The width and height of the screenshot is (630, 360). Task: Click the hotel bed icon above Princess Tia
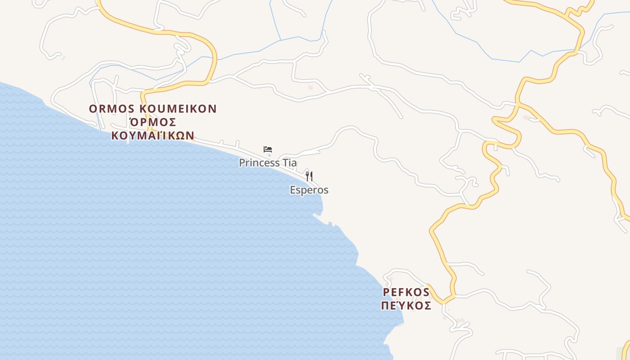pos(268,149)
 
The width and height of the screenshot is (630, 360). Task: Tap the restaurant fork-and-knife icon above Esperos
pos(309,176)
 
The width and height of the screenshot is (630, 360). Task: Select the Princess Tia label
pos(268,163)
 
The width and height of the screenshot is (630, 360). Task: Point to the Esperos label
pos(309,190)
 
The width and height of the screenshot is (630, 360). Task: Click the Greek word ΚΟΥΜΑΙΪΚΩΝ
pos(153,136)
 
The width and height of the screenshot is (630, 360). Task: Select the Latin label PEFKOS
pos(406,292)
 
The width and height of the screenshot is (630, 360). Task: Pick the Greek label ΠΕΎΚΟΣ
pos(406,306)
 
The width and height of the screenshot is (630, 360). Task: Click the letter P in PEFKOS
pos(386,292)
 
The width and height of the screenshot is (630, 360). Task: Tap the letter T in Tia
pos(283,163)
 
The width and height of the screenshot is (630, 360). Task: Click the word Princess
pos(258,163)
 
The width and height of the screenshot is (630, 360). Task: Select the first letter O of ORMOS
pos(93,109)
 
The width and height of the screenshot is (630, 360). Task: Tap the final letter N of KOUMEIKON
pos(213,109)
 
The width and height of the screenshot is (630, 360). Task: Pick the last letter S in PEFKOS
pos(426,292)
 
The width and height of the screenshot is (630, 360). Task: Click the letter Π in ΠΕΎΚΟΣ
pos(386,306)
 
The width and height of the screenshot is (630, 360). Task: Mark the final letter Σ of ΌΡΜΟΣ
pos(171,122)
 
